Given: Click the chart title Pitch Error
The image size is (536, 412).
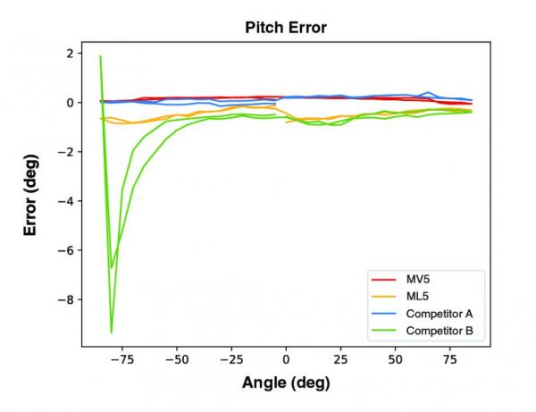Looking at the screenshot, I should point(286,28).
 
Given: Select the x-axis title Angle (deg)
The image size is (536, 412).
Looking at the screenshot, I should point(286,383).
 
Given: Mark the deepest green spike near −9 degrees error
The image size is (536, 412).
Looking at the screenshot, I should point(112,332).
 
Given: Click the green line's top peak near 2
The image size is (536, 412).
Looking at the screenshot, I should point(100,56).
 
